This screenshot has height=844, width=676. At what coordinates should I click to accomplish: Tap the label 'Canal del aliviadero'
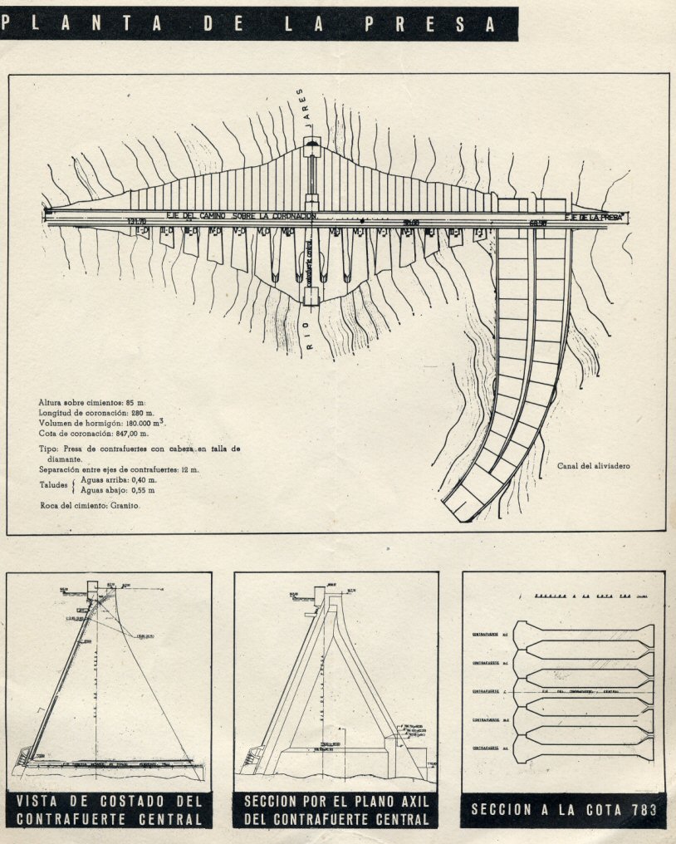pos(595,466)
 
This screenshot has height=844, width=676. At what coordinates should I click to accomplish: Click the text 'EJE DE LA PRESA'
pos(594,217)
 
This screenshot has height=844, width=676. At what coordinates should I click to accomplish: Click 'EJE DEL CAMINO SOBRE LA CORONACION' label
pos(242,216)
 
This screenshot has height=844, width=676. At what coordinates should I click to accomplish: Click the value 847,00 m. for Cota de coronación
pos(130,434)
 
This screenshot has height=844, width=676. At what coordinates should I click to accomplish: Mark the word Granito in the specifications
pos(123,505)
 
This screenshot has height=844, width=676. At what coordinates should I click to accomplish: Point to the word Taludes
pos(53,485)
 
